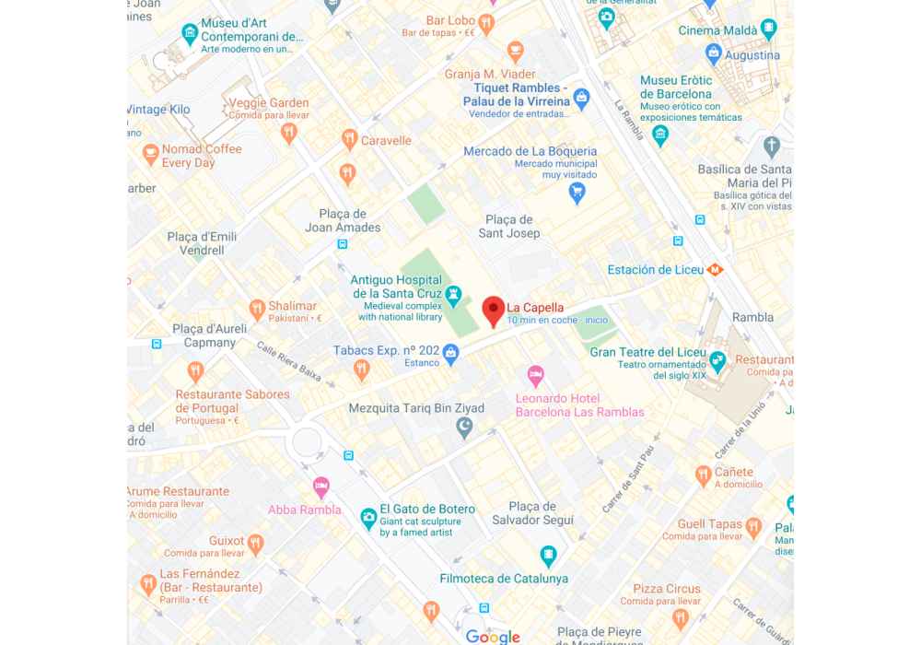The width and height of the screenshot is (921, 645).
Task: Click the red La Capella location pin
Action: point(494,311)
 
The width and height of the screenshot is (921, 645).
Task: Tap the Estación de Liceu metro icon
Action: point(715,270)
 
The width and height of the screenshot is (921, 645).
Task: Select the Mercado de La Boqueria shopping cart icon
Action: point(577,192)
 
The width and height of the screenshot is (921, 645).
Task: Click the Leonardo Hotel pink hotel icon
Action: point(536,376)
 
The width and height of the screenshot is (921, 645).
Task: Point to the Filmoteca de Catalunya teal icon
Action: point(549,557)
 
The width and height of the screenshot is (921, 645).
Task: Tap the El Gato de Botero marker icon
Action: point(368,517)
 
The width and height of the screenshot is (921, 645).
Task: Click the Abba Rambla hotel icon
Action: point(321,487)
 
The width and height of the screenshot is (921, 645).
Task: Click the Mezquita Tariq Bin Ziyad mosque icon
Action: point(465,427)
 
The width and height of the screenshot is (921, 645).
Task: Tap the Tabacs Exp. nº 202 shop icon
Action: point(450,351)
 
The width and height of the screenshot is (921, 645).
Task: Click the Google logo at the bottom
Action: point(493,636)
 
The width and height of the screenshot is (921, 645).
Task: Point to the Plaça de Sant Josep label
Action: point(509,227)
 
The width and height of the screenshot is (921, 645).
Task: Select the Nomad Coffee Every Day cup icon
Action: point(150,153)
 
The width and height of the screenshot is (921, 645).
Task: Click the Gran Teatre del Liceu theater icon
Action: point(717,359)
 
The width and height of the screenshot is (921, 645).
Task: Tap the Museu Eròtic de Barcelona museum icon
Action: point(659,135)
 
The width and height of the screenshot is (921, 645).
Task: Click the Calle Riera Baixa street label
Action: point(289,363)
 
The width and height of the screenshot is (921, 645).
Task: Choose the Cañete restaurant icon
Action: point(704,475)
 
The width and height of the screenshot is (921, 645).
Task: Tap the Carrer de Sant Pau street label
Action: point(628,479)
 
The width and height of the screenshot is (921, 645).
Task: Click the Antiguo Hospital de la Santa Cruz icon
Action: point(453,294)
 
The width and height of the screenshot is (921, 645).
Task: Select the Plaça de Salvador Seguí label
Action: point(532,513)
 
